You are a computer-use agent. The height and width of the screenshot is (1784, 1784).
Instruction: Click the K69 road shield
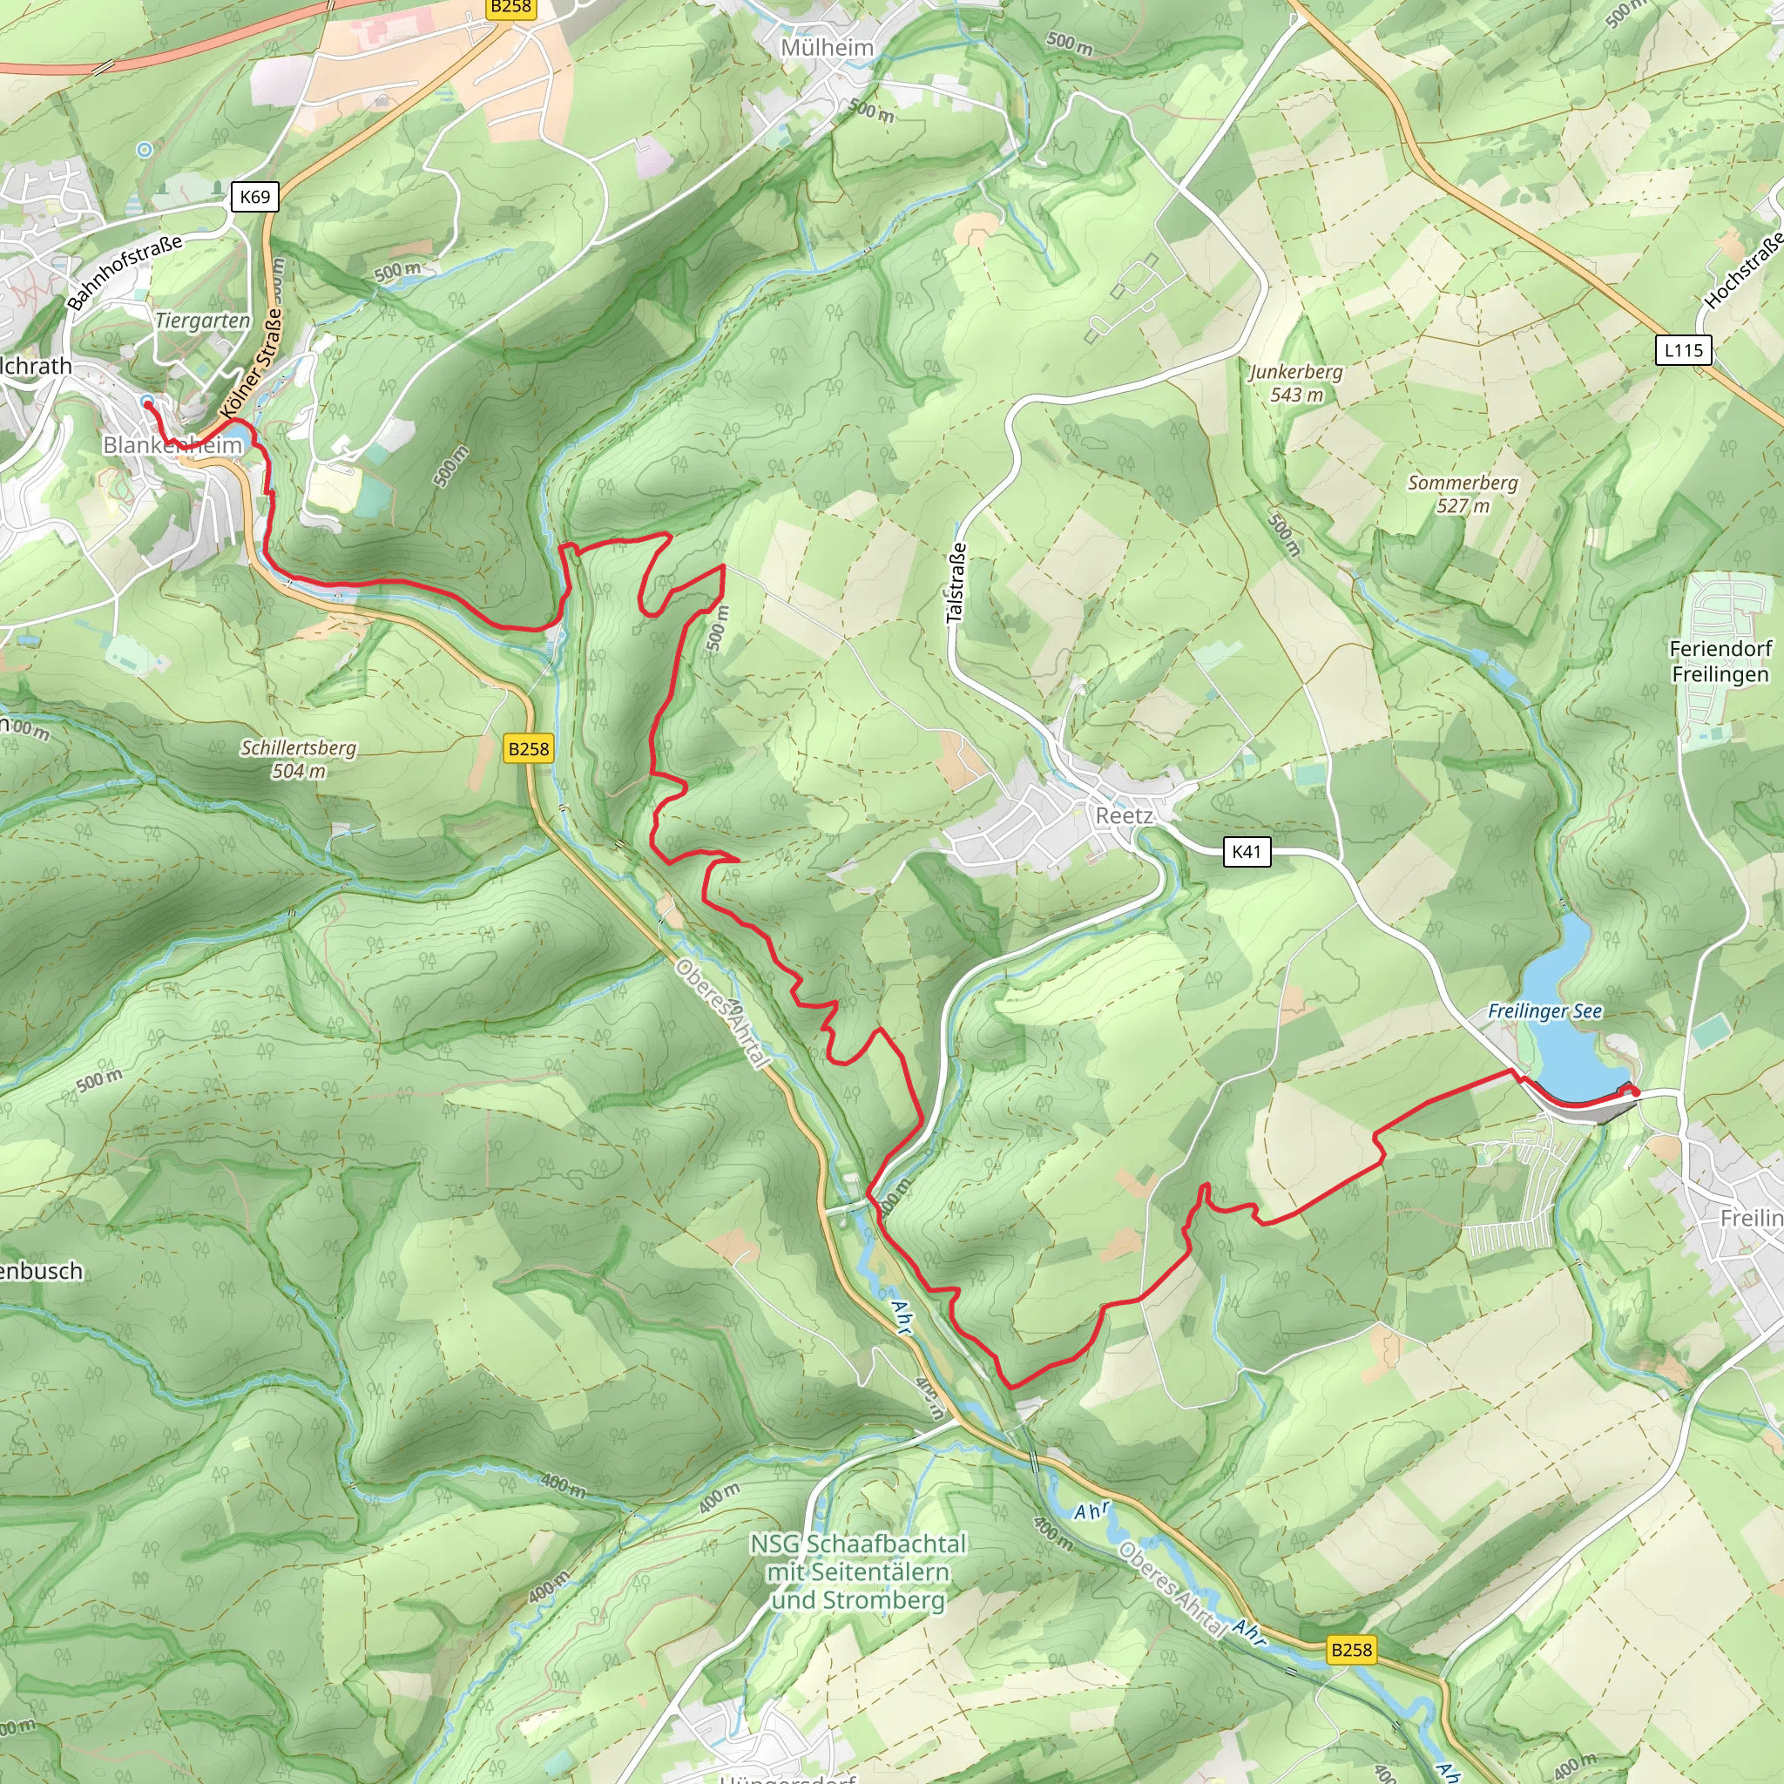click(255, 197)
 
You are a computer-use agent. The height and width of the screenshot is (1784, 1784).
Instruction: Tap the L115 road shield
click(1683, 350)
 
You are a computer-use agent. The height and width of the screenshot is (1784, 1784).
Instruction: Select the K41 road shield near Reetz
click(1247, 851)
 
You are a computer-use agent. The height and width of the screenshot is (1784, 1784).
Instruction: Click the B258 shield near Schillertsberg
click(529, 749)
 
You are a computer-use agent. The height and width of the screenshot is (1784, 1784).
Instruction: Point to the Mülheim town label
click(827, 47)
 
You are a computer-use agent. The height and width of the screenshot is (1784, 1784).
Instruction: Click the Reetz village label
click(1124, 815)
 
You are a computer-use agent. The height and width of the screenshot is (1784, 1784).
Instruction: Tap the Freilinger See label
click(1544, 1011)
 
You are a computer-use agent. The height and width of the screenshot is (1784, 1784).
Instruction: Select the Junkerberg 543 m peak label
click(1296, 382)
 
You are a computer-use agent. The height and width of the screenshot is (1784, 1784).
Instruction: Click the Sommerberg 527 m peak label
click(1463, 493)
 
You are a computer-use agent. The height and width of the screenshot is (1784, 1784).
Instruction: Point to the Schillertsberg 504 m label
click(298, 759)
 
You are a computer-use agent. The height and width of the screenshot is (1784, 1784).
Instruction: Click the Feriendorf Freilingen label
click(1720, 661)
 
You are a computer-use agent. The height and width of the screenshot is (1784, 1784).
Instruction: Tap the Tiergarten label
click(202, 321)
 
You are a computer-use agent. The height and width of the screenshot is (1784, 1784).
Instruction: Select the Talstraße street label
click(957, 582)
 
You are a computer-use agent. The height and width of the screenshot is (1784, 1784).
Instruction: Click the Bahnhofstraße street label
click(125, 273)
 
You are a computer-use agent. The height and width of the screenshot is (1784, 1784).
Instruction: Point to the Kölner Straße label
click(252, 364)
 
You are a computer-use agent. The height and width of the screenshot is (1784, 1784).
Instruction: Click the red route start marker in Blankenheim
click(148, 404)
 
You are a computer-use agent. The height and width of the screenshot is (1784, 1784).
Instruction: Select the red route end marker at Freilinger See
click(1634, 1092)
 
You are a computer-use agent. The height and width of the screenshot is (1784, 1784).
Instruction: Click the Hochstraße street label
click(1744, 271)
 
